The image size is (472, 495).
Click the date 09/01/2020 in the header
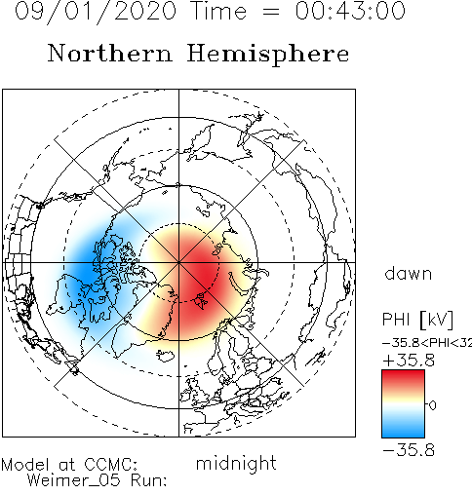point(96,12)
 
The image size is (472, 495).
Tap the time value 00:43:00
point(350,11)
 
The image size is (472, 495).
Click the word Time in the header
point(219,11)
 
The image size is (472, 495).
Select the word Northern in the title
point(109,54)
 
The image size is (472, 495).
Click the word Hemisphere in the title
point(268,55)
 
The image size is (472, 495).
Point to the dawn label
point(409,274)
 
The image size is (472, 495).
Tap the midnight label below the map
point(236,464)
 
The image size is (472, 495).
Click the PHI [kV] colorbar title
point(417,320)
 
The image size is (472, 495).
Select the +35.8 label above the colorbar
point(409,361)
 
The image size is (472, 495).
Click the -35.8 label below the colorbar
point(409,450)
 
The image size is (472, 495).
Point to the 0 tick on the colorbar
point(432,405)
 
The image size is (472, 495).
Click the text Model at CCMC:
point(69,465)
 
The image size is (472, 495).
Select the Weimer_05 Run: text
point(97,480)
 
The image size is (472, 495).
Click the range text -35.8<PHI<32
point(427,343)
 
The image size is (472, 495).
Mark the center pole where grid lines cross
point(178,262)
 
